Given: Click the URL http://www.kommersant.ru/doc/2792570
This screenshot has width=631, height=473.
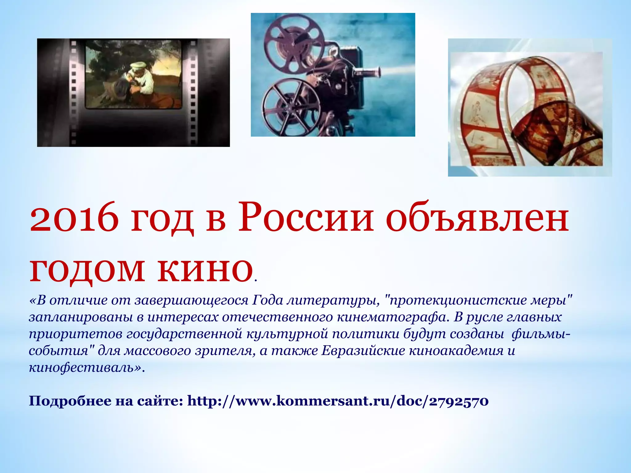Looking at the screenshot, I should click(338, 401).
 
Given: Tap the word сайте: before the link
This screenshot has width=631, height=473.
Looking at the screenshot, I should click(160, 401).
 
